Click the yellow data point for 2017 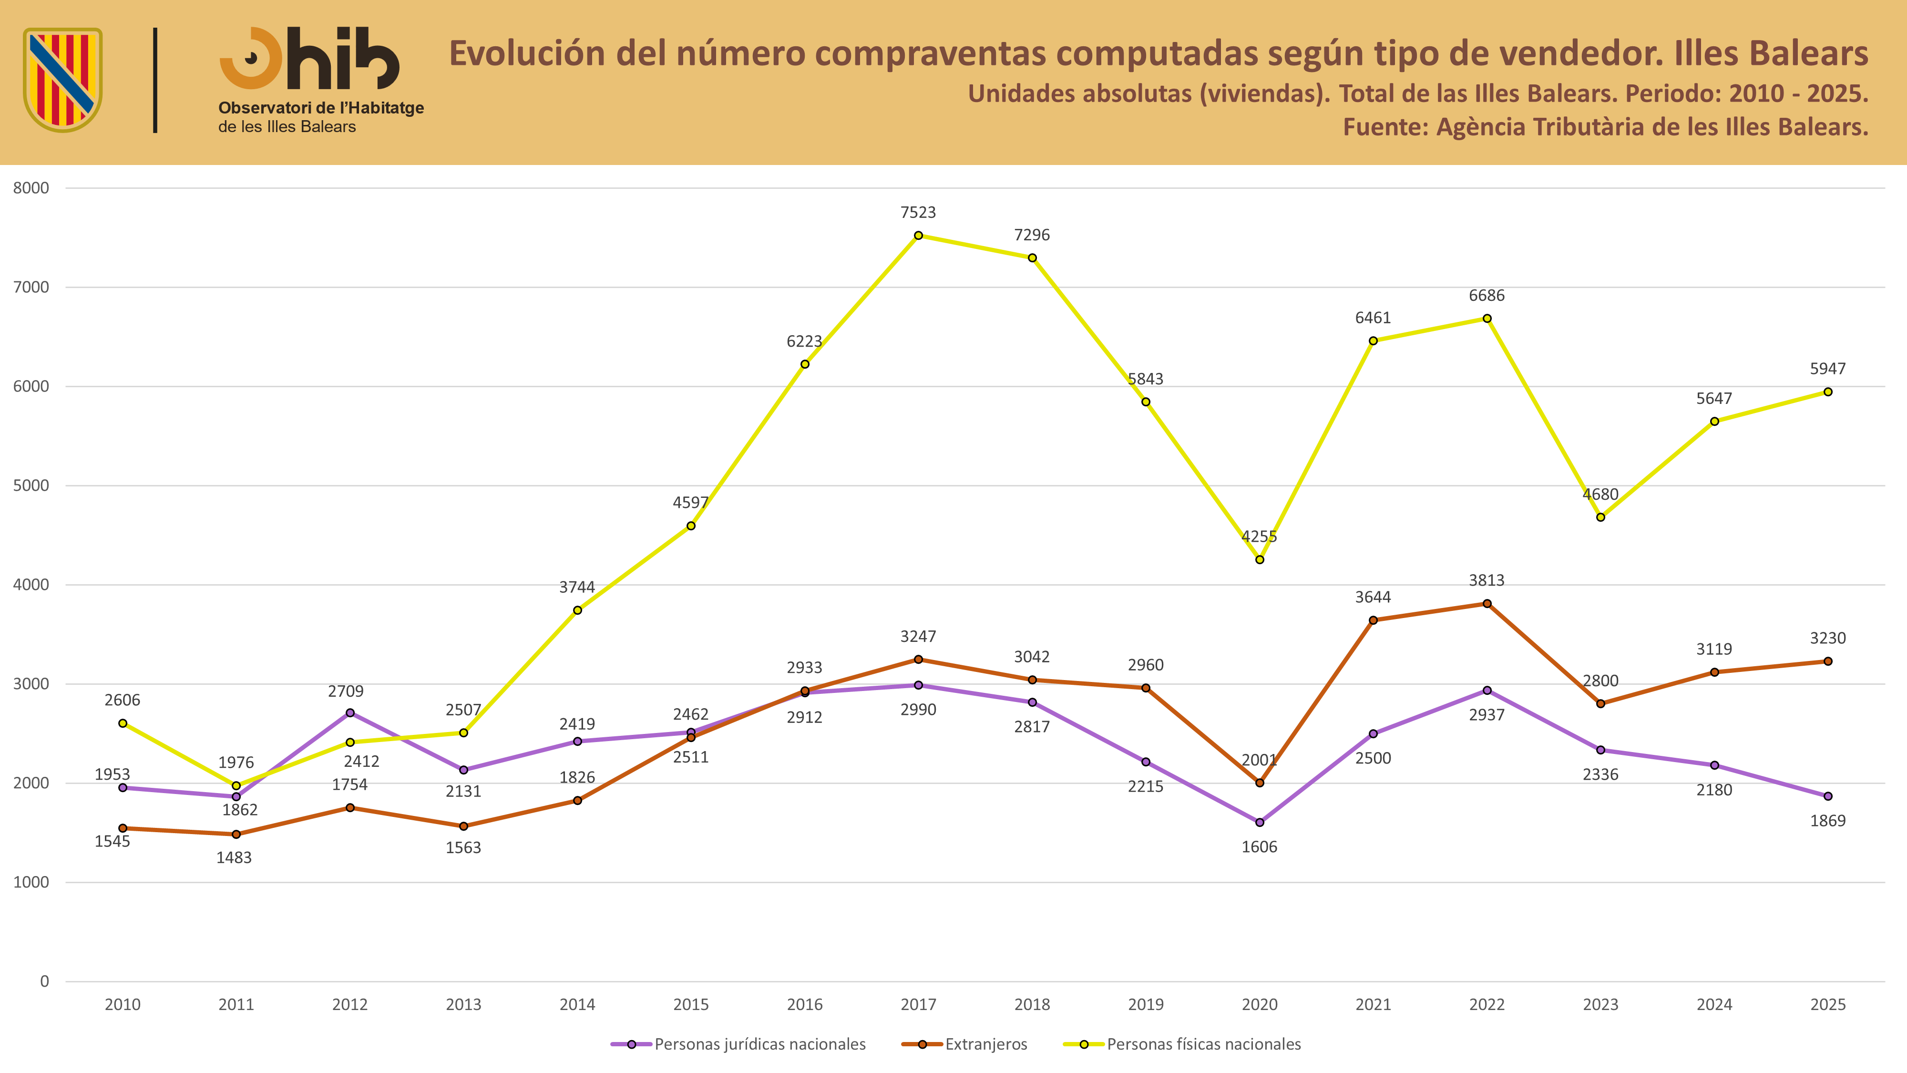[918, 236]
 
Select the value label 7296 [1032, 235]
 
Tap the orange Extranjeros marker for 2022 [1487, 604]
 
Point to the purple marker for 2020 [1259, 822]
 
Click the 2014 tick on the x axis [577, 1004]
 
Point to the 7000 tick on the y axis [31, 287]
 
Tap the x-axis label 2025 [1828, 1004]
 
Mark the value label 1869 [1828, 820]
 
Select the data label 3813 [1487, 580]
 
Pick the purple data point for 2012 [350, 712]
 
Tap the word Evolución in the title [527, 53]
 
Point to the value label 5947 [1828, 368]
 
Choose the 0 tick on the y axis [44, 981]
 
